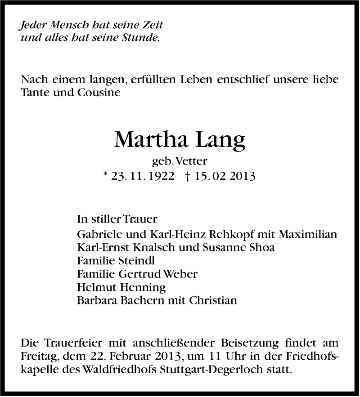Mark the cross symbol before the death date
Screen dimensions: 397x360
click(x=187, y=177)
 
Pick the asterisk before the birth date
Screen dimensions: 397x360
click(x=107, y=176)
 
